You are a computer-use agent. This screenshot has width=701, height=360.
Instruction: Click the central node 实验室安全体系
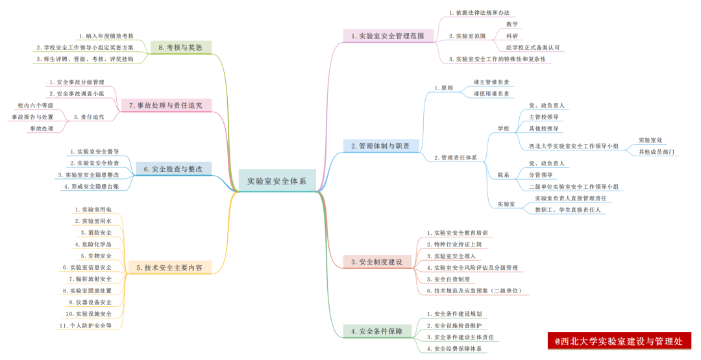(277, 181)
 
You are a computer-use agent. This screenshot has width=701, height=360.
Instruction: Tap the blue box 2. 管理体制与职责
(380, 146)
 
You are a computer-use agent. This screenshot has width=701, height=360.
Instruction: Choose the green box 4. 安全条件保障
(376, 331)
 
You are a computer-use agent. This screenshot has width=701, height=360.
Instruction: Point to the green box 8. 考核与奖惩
(180, 47)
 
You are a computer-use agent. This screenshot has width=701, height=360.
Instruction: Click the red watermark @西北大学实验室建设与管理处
(619, 341)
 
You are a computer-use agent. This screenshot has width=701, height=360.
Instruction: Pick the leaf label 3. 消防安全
(96, 232)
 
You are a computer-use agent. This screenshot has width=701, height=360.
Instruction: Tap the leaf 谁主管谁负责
(491, 82)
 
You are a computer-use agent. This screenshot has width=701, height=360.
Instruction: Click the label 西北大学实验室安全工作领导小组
(574, 146)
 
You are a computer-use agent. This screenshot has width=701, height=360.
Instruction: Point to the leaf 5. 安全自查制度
(448, 279)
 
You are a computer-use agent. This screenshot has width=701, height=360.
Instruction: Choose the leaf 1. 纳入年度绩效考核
(106, 36)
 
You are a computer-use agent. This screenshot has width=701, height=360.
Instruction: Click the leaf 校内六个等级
(36, 105)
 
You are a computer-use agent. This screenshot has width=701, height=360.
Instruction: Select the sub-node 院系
(503, 175)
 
